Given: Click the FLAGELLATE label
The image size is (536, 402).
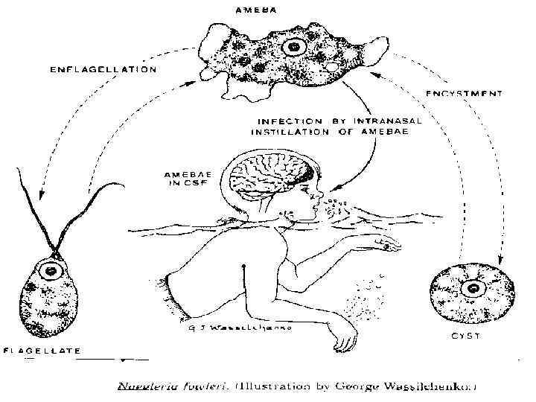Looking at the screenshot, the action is click(42, 350).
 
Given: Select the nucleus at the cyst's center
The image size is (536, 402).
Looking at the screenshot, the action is click(471, 288).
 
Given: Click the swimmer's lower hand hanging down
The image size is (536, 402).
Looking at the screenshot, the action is click(343, 343).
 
